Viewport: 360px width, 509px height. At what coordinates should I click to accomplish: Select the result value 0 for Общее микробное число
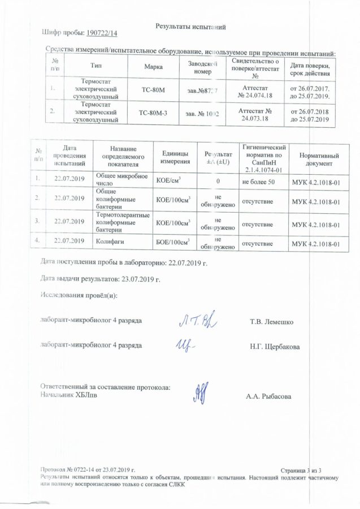(218, 182)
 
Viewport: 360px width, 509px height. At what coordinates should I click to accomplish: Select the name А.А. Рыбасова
(268, 396)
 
